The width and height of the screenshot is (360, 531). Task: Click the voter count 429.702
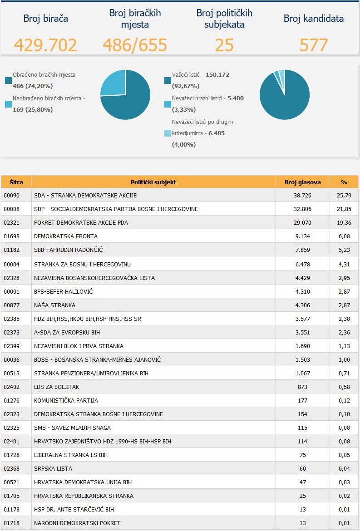pyautogui.click(x=45, y=45)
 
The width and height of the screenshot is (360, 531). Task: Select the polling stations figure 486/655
pyautogui.click(x=135, y=45)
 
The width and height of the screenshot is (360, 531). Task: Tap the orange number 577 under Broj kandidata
pyautogui.click(x=314, y=45)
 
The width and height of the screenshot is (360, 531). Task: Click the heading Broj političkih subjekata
pyautogui.click(x=224, y=19)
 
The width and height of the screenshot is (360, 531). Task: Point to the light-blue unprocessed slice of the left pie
pyautogui.click(x=113, y=83)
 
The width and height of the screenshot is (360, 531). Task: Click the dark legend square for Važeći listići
pyautogui.click(x=168, y=81)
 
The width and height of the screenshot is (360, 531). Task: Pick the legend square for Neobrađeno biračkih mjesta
pyautogui.click(x=9, y=104)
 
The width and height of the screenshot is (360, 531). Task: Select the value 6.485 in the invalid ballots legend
pyautogui.click(x=217, y=133)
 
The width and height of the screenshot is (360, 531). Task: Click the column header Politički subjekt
pyautogui.click(x=153, y=182)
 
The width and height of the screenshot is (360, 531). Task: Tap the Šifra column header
pyautogui.click(x=16, y=182)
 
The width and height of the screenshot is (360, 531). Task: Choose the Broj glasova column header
pyautogui.click(x=302, y=182)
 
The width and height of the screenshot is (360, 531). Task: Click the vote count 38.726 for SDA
pyautogui.click(x=302, y=196)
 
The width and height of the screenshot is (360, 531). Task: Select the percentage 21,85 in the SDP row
pyautogui.click(x=345, y=209)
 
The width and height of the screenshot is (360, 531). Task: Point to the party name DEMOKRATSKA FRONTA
pyautogui.click(x=66, y=236)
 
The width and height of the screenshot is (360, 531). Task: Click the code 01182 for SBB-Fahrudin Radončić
pyautogui.click(x=11, y=250)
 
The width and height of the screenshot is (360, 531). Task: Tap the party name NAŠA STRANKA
pyautogui.click(x=54, y=305)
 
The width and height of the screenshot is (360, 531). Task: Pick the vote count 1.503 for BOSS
pyautogui.click(x=302, y=359)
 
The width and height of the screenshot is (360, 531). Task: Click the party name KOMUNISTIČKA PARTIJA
pyautogui.click(x=66, y=401)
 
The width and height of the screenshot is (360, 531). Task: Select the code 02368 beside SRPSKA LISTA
pyautogui.click(x=11, y=469)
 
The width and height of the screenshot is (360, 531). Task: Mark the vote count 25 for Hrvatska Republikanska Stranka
pyautogui.click(x=303, y=496)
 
